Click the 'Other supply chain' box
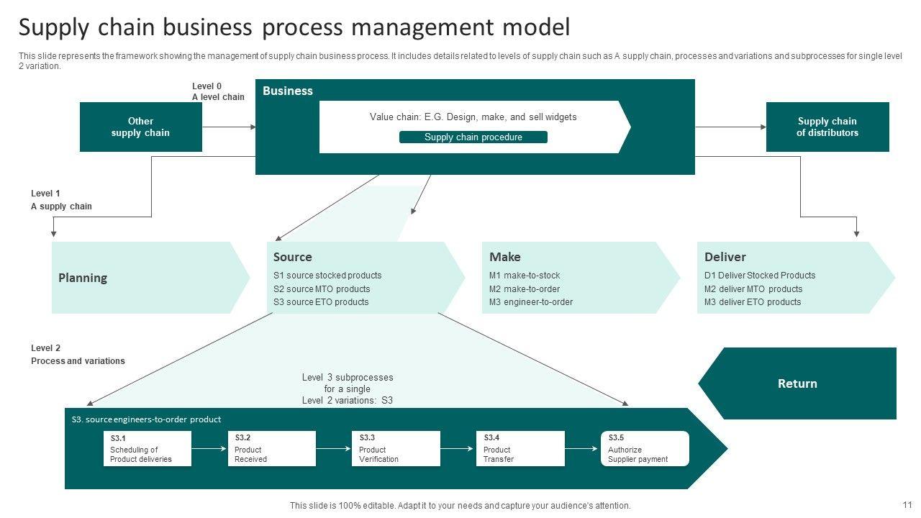[x=140, y=127]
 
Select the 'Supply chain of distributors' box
[x=827, y=127]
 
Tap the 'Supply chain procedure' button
[x=473, y=137]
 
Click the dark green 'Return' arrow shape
[x=797, y=383]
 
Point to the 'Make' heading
[x=504, y=257]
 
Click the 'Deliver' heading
[x=725, y=257]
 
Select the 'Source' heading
[x=292, y=257]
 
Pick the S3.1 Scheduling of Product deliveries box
[x=147, y=448]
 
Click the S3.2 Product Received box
[x=271, y=448]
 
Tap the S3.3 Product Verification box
[x=396, y=448]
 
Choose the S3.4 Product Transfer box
[x=520, y=448]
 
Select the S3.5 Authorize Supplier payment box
[x=644, y=448]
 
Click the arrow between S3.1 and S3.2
[x=209, y=448]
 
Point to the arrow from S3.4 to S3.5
[x=583, y=448]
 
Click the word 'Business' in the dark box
[x=287, y=91]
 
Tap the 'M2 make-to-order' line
[x=524, y=288]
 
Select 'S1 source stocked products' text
[x=327, y=276]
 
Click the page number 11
[x=907, y=505]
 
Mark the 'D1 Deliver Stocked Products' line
[x=759, y=276]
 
